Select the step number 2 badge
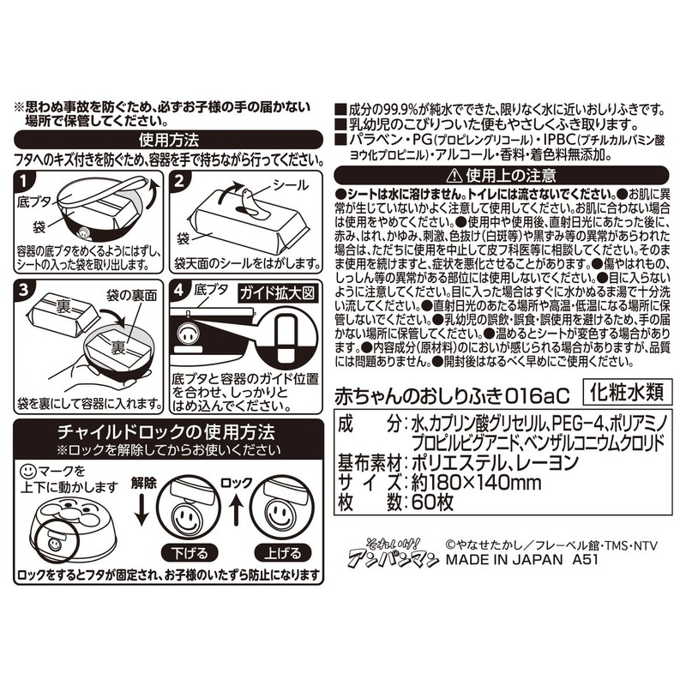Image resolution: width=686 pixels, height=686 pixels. coord(180,183)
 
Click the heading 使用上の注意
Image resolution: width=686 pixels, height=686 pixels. coord(504,176)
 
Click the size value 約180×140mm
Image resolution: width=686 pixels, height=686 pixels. coord(468,484)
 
